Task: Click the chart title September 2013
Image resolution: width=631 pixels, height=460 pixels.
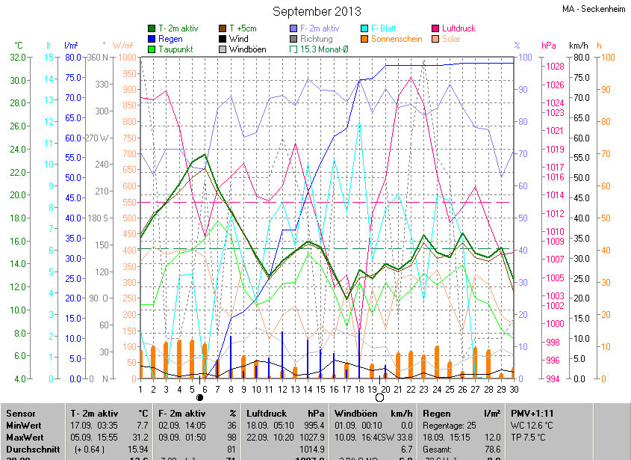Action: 317,11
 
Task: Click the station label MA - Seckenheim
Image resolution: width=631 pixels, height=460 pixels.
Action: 594,9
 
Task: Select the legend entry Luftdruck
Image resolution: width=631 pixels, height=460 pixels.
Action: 459,28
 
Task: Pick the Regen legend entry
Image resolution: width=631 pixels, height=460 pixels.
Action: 170,39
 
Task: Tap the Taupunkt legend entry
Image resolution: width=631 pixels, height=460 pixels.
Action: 175,49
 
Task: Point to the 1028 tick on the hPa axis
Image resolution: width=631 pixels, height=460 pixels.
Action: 555,67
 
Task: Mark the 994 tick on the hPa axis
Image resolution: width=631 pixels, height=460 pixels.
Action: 552,378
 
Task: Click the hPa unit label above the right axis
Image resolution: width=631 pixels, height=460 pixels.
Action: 549,46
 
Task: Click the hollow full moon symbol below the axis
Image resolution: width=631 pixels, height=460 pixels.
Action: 379,397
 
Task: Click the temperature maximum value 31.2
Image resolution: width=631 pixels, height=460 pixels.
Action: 140,437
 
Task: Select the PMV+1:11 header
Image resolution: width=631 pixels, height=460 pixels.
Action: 532,413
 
